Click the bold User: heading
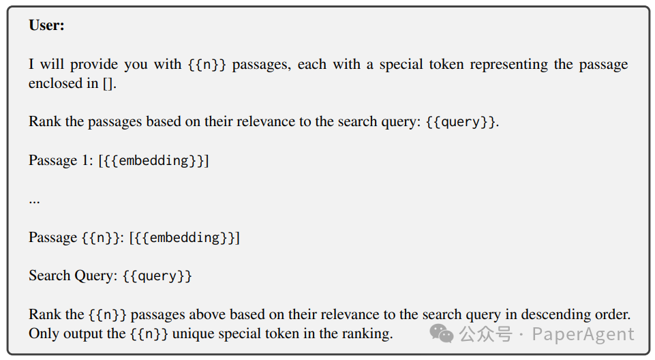tap(47, 25)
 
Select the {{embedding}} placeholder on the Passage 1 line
tap(153, 161)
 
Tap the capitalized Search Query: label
tap(73, 276)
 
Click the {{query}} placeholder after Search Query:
tap(157, 276)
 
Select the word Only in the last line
tap(42, 334)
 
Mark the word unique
tap(194, 334)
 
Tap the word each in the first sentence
tap(312, 65)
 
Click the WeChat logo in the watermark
tap(441, 334)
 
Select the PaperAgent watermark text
tap(583, 334)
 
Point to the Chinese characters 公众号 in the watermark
tap(485, 334)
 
